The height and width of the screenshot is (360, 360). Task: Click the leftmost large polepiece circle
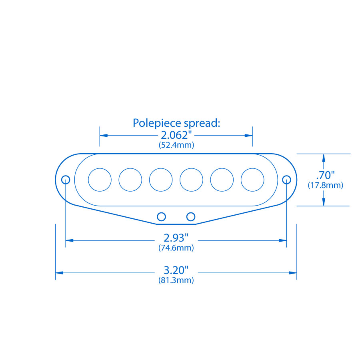(x=100, y=180)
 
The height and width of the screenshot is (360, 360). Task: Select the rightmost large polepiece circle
(x=252, y=180)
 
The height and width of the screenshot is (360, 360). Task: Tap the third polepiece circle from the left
(x=161, y=180)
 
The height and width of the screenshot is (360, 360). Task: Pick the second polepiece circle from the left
(x=130, y=180)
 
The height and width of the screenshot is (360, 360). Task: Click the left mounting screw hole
(x=66, y=180)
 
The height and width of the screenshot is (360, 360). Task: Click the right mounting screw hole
(x=286, y=180)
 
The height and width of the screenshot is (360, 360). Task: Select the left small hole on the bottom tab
(x=161, y=216)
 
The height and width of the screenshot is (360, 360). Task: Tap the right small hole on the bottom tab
(x=191, y=216)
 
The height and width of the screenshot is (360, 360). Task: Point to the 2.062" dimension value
(x=176, y=135)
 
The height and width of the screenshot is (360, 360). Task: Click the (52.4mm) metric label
(x=176, y=145)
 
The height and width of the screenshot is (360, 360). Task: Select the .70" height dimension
(x=325, y=175)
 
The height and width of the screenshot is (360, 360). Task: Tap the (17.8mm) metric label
(x=325, y=185)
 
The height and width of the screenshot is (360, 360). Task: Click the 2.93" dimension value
(x=176, y=238)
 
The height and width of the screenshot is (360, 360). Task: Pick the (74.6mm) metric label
(x=176, y=248)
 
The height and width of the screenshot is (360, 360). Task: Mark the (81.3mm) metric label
(x=176, y=280)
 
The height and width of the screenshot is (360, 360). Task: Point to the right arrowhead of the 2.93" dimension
(x=283, y=240)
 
